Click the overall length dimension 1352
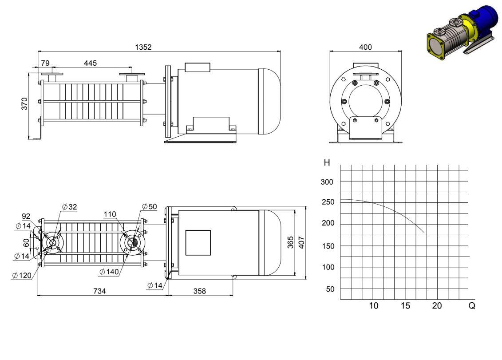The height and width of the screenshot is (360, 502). (x=143, y=47)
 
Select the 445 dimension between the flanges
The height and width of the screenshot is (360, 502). (x=90, y=63)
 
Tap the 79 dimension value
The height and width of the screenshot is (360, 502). (x=45, y=63)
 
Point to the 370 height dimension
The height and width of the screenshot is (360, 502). (x=24, y=104)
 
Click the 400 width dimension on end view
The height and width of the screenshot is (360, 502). (x=365, y=47)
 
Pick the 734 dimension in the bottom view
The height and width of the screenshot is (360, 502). (x=99, y=291)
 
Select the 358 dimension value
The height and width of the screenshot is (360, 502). (x=199, y=291)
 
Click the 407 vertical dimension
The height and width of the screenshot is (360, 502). (x=301, y=242)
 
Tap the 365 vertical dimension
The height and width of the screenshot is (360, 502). (x=290, y=242)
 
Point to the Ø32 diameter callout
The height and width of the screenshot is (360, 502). (x=70, y=207)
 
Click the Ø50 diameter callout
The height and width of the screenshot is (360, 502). (x=150, y=206)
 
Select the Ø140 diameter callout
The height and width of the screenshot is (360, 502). (x=109, y=272)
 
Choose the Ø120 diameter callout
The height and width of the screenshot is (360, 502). (x=22, y=275)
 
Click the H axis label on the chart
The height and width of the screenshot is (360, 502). (x=327, y=163)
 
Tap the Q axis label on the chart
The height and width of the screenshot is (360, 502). (x=471, y=305)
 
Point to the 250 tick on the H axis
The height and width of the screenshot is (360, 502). (x=328, y=202)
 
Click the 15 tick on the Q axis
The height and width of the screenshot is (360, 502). (x=405, y=305)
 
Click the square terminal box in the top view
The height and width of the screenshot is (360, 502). (x=198, y=243)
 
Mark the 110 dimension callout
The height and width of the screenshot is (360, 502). (x=110, y=214)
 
